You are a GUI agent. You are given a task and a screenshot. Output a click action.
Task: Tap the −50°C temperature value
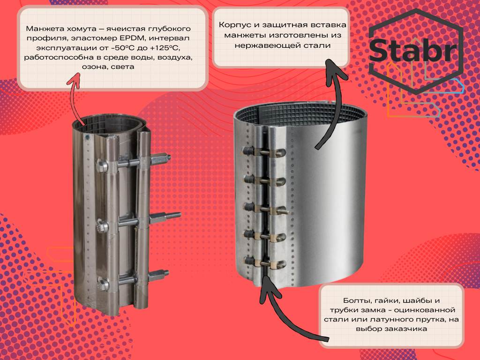[x=119, y=48]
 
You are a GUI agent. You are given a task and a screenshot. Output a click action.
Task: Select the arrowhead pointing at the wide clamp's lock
[x=268, y=286]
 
